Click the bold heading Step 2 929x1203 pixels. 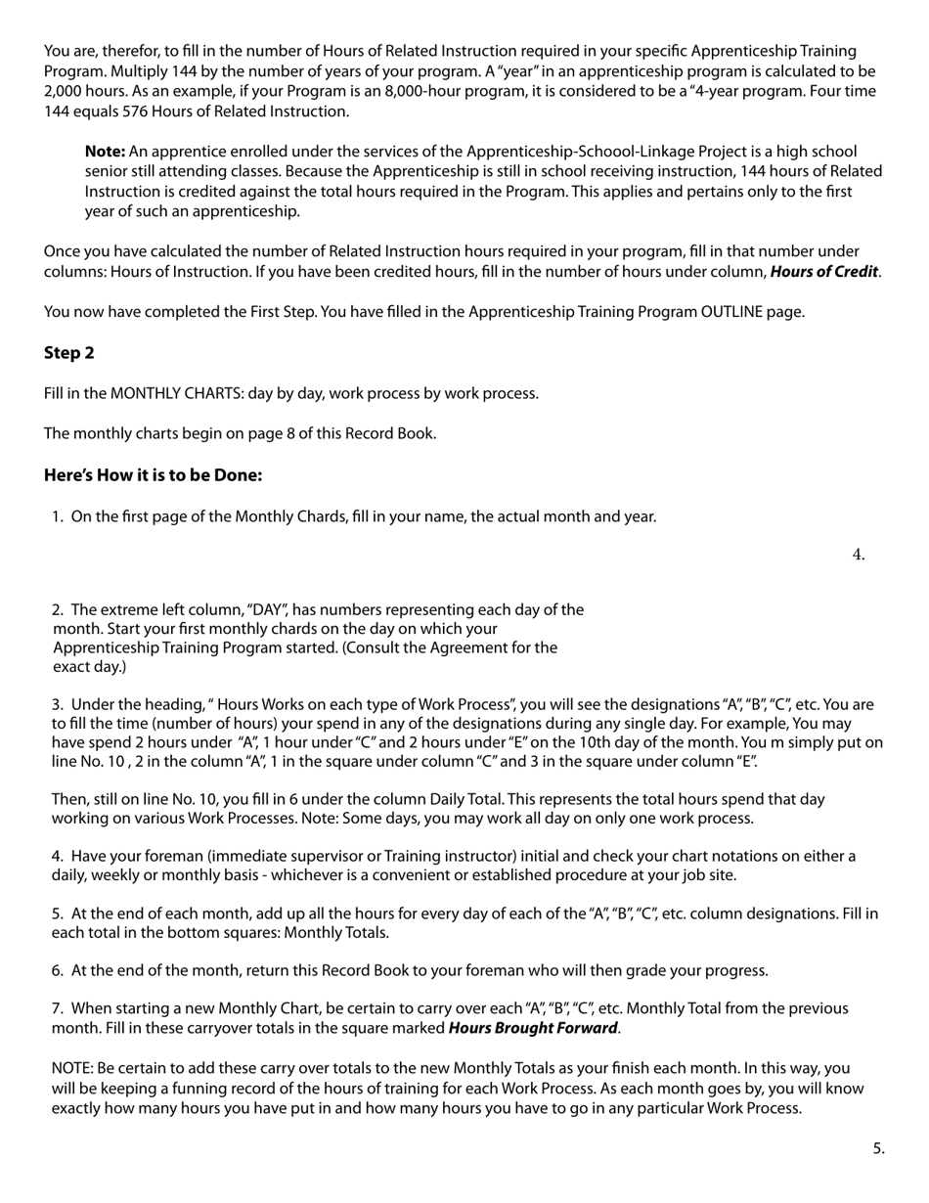[x=68, y=353]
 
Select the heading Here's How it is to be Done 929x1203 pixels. [x=153, y=475]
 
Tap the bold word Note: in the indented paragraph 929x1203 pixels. [x=105, y=152]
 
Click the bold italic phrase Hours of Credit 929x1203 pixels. [x=823, y=272]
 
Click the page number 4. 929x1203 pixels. [x=858, y=555]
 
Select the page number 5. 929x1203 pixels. [x=878, y=1148]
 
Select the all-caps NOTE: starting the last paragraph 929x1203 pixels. [x=72, y=1068]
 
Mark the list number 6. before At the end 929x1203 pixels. [x=57, y=970]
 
